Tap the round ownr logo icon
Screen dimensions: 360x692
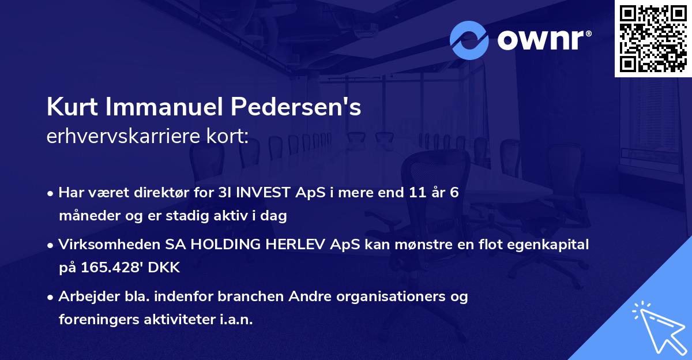[x=469, y=40]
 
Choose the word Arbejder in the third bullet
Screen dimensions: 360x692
[x=85, y=297]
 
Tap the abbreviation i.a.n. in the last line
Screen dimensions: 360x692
[x=232, y=320]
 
